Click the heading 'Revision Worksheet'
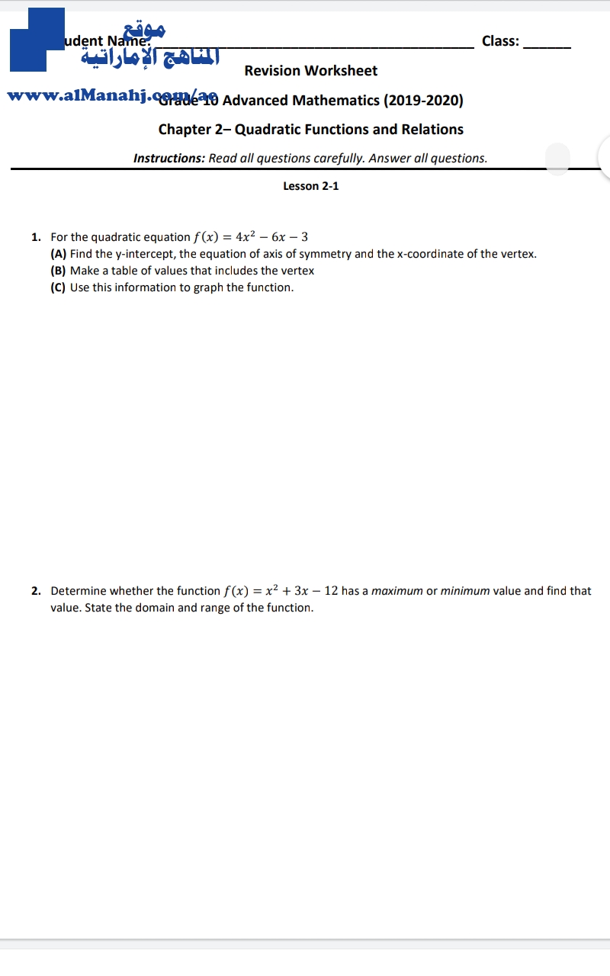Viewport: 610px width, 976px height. [x=310, y=71]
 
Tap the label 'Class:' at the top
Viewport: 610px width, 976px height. [x=500, y=41]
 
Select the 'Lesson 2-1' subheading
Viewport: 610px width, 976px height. [x=310, y=186]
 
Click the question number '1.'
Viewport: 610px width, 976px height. [x=37, y=237]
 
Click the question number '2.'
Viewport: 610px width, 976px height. [x=37, y=591]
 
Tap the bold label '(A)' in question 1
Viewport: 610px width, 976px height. [x=59, y=254]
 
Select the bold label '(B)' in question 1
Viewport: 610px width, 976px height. [x=59, y=271]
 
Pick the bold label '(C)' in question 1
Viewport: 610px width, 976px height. [x=59, y=287]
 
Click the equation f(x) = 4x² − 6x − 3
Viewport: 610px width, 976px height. [x=251, y=237]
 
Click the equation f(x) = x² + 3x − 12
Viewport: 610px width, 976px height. [x=281, y=591]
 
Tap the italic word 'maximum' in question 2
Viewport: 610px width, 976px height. [x=396, y=591]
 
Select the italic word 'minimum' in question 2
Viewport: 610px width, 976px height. [x=465, y=591]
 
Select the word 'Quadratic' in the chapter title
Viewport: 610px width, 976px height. [x=268, y=130]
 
